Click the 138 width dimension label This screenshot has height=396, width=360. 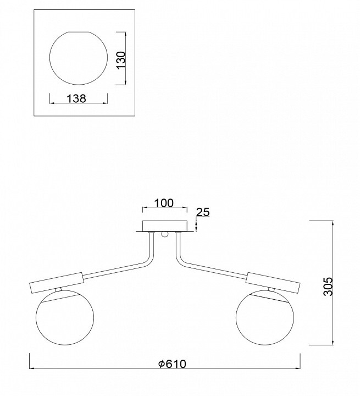click(76, 98)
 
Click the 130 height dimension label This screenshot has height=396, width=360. click(121, 59)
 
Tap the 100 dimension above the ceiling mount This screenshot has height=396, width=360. click(164, 203)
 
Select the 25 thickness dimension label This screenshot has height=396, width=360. click(203, 212)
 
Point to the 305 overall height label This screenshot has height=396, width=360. click(329, 287)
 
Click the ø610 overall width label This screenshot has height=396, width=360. click(172, 364)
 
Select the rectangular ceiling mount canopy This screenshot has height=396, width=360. click(165, 226)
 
